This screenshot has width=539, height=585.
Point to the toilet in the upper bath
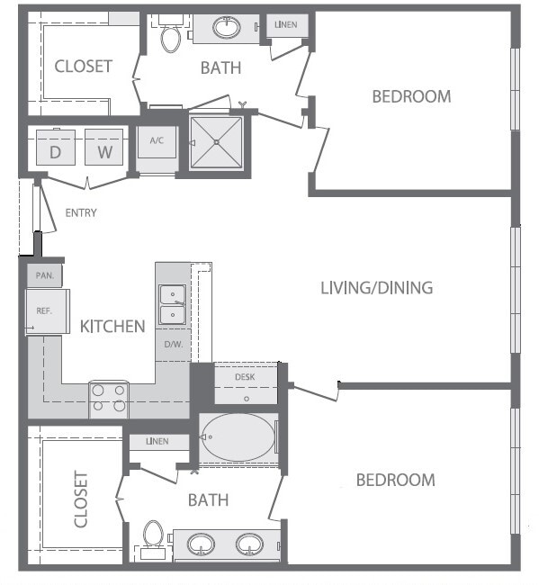(x=170, y=37)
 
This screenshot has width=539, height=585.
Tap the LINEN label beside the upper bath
(x=285, y=25)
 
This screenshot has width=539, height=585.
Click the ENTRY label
(x=81, y=213)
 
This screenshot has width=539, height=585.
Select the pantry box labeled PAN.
(x=43, y=274)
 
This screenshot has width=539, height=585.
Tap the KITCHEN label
(x=112, y=326)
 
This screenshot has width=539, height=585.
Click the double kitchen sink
(x=170, y=304)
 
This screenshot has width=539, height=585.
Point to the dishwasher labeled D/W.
(x=173, y=345)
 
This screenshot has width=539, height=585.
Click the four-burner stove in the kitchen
(x=108, y=398)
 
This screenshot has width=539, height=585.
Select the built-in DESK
(x=245, y=383)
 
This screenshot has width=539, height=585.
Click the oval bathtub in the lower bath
(x=238, y=437)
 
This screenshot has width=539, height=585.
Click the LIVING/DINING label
(x=377, y=288)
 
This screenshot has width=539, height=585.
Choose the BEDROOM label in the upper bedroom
(x=411, y=96)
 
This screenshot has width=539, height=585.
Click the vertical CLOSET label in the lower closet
(x=81, y=499)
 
